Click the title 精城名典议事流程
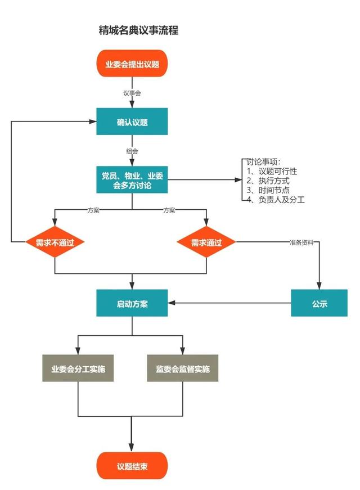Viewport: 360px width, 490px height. click(138, 30)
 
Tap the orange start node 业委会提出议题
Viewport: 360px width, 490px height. click(132, 64)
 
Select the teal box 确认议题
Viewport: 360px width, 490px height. click(132, 122)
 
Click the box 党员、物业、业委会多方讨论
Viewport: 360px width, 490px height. click(132, 180)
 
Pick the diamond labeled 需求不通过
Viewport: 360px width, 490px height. click(55, 242)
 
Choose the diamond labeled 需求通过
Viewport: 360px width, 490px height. click(206, 242)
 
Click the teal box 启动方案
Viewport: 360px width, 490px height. click(132, 303)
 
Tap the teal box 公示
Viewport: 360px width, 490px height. click(319, 303)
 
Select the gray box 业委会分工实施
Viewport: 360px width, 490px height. click(78, 369)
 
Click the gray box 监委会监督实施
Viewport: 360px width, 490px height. click(183, 369)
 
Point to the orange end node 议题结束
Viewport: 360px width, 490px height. click(132, 466)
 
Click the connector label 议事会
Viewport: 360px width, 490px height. click(132, 92)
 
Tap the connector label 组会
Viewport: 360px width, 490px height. click(132, 151)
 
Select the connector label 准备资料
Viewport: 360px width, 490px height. click(302, 242)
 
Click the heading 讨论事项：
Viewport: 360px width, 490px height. click(264, 161)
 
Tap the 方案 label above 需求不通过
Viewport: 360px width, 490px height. click(93, 210)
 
